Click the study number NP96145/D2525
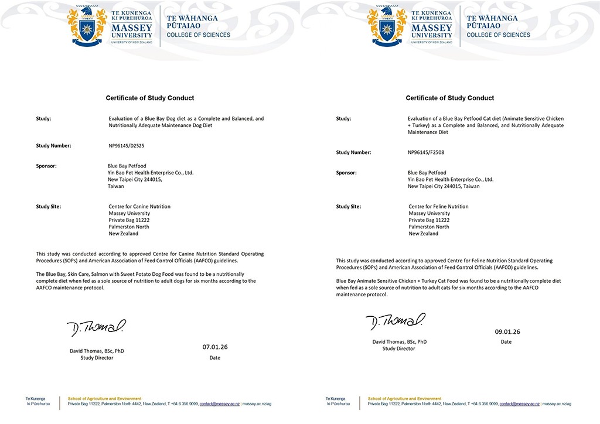tap(126, 145)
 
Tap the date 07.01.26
tap(215, 347)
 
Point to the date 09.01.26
tap(507, 331)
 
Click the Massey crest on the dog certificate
tap(87, 26)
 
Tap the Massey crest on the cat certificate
tap(387, 26)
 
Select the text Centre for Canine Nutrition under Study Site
tap(139, 206)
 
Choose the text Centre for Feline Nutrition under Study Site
tap(438, 206)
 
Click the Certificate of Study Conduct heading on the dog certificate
tap(149, 98)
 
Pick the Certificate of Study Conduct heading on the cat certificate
tap(450, 98)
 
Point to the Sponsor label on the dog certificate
tap(46, 166)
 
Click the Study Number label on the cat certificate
tap(353, 152)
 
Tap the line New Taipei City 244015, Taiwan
tap(444, 186)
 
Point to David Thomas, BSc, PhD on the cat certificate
tap(399, 341)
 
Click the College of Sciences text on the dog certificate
tap(199, 35)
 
